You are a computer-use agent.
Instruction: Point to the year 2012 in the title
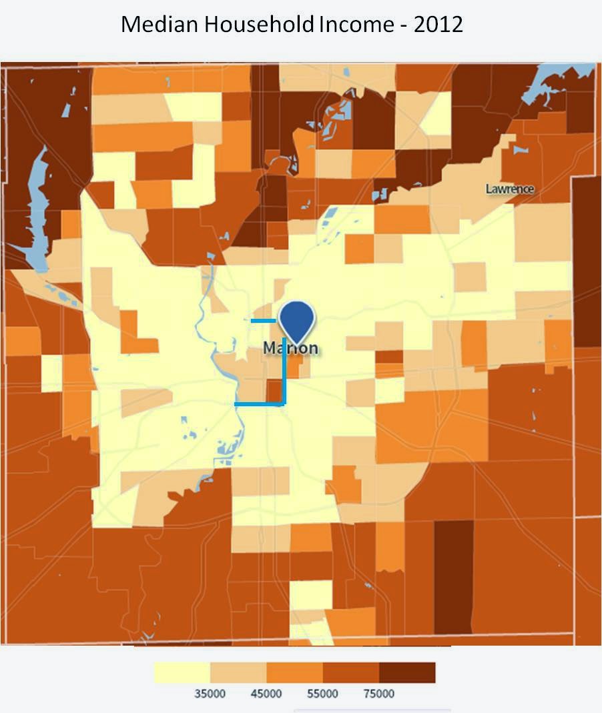tap(438, 25)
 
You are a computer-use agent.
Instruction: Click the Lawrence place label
tap(510, 189)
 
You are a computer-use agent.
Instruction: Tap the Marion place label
tap(290, 348)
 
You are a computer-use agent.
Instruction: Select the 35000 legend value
tap(210, 694)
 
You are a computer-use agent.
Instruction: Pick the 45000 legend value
tap(266, 694)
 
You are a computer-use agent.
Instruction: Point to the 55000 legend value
tap(322, 694)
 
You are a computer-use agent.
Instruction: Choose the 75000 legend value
tap(378, 694)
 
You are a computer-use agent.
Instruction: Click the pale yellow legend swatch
tap(182, 672)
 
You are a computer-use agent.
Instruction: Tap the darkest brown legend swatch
tap(407, 672)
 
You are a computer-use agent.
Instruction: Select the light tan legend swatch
tap(238, 672)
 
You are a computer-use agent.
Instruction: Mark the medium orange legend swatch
tap(294, 672)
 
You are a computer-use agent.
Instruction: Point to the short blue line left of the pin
tap(263, 321)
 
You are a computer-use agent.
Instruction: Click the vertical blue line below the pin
tap(284, 374)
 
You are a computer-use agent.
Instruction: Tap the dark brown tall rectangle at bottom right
tap(453, 577)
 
